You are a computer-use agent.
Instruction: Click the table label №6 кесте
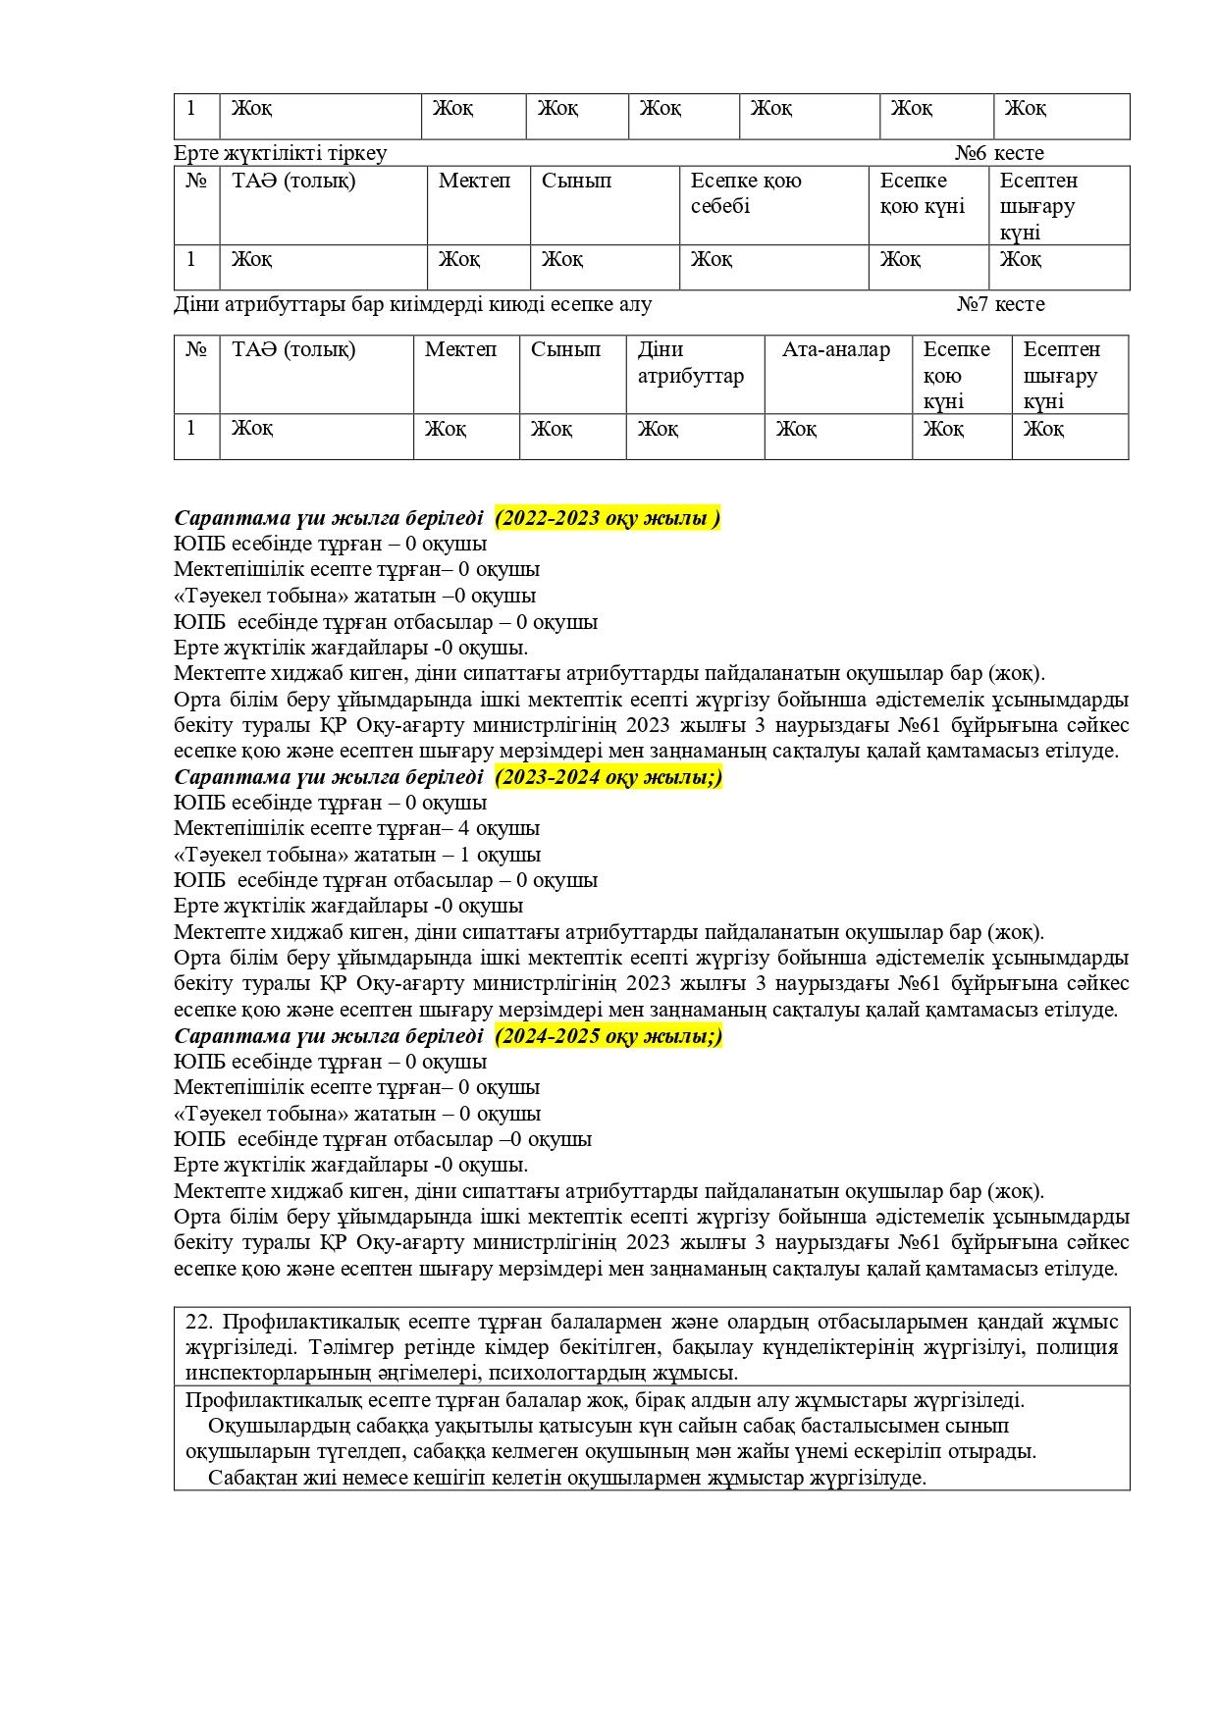[x=999, y=153]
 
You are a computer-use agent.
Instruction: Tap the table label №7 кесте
[x=1000, y=304]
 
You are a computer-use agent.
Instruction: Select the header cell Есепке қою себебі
[x=746, y=193]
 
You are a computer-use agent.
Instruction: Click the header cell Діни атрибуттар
[x=691, y=363]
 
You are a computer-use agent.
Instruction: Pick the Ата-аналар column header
[x=836, y=350]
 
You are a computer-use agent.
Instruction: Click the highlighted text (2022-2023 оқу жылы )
[x=608, y=518]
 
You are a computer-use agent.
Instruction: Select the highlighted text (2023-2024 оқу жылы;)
[x=608, y=777]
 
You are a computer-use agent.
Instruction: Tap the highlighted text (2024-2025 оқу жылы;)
[x=608, y=1036]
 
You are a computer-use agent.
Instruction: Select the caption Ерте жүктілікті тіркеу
[x=281, y=153]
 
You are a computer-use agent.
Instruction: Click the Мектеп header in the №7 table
[x=460, y=350]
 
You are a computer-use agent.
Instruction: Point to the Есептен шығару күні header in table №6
[x=1038, y=206]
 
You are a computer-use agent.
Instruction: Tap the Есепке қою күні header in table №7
[x=956, y=376]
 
